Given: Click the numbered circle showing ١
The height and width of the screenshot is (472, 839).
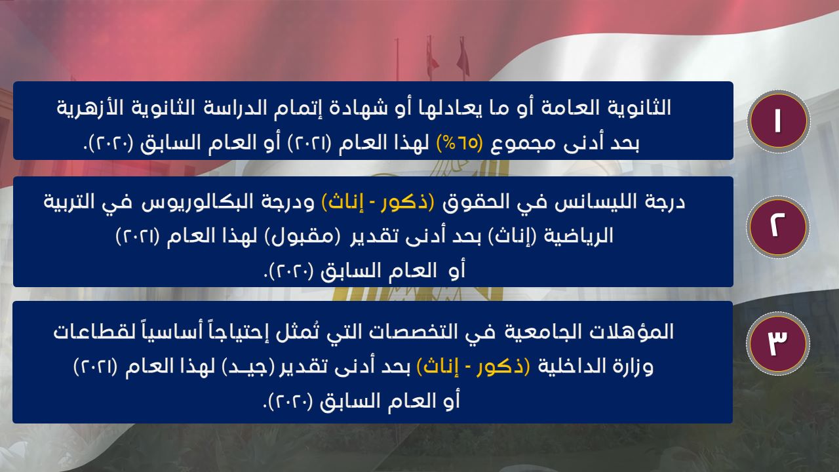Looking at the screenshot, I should pyautogui.click(x=778, y=121).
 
